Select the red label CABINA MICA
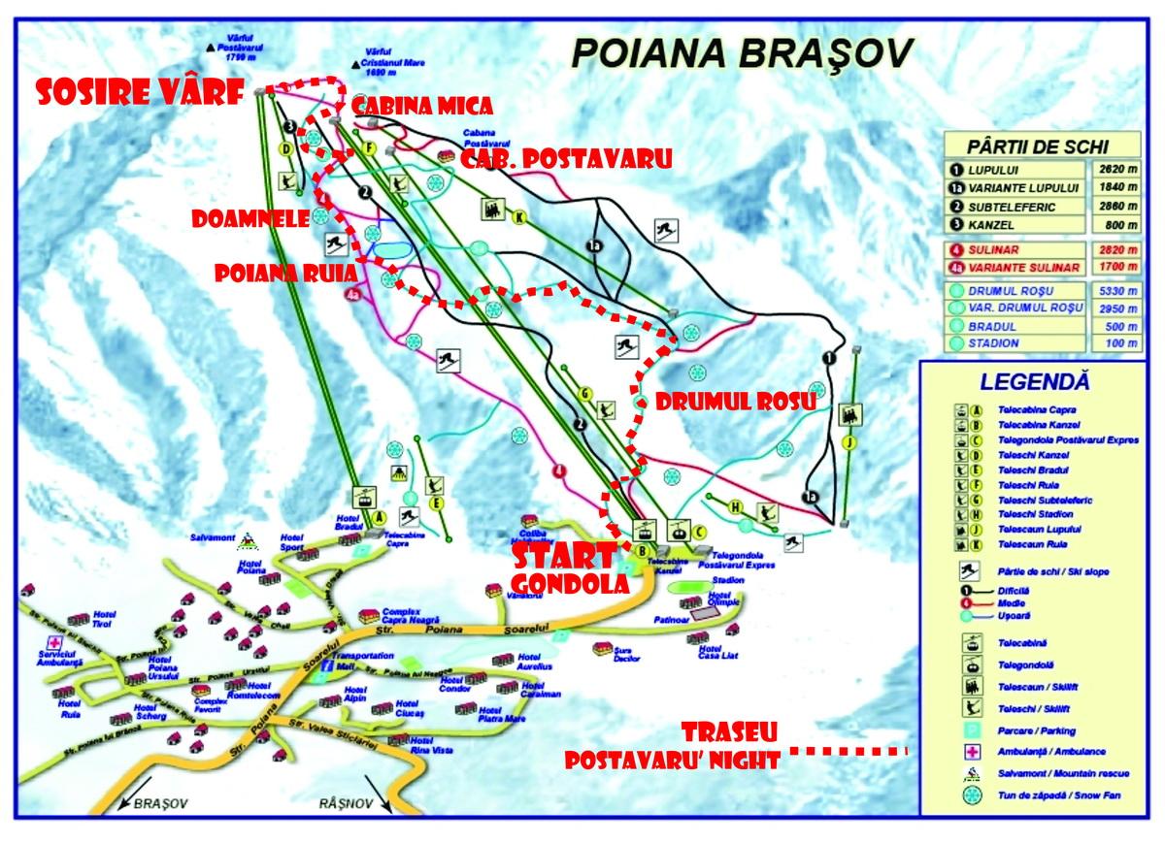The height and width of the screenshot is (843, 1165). [422, 105]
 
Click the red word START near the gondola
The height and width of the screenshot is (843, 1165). [563, 557]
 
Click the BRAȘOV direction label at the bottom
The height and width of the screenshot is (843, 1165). [163, 804]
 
